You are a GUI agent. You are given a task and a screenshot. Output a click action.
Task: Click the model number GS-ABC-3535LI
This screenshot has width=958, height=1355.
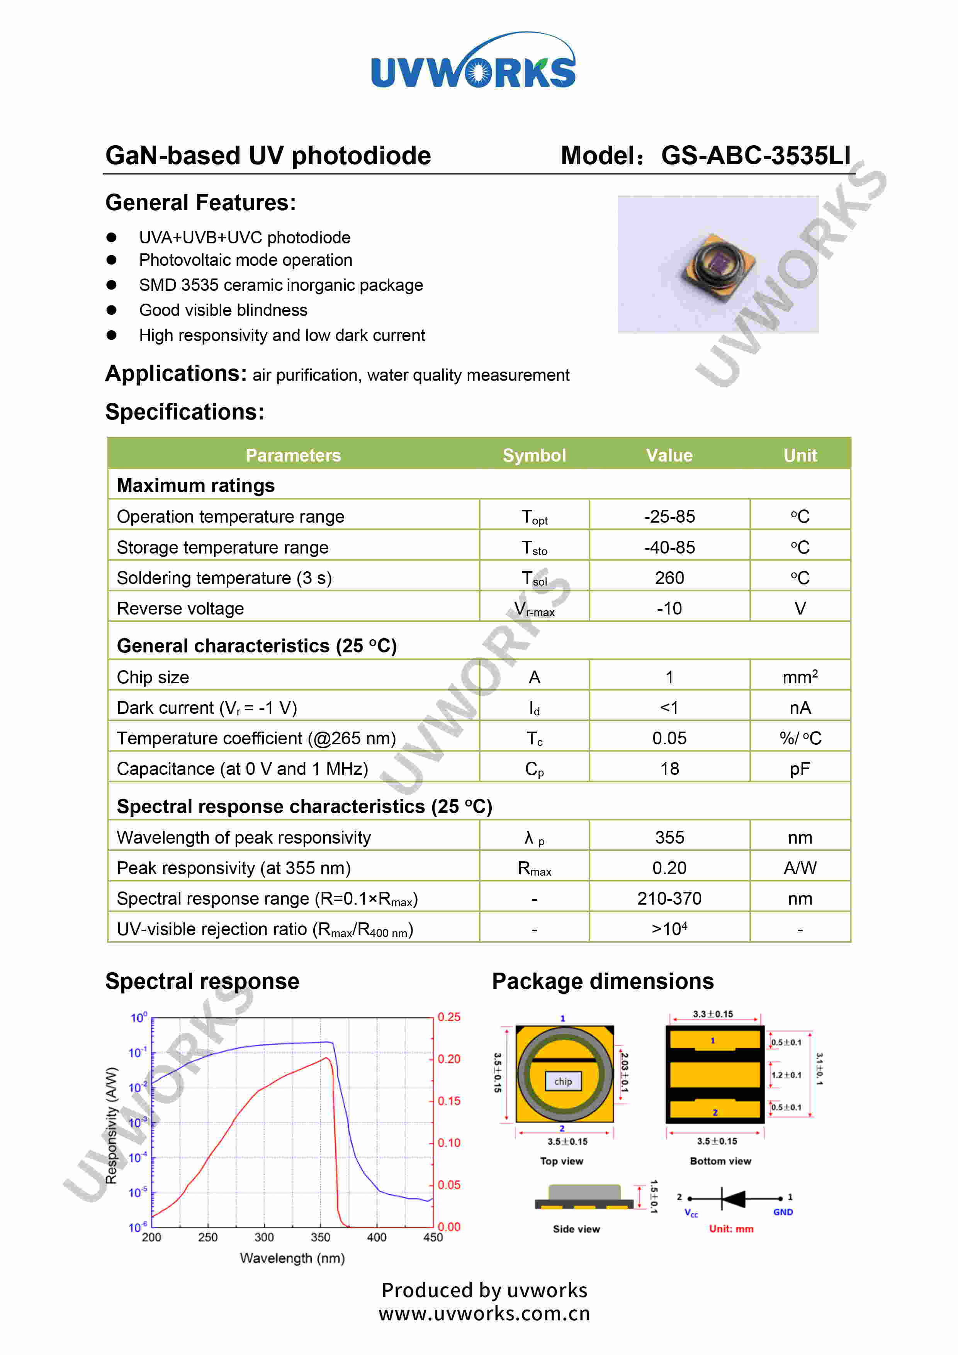tap(756, 155)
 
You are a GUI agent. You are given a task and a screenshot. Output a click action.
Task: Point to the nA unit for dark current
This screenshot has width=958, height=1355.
tap(800, 708)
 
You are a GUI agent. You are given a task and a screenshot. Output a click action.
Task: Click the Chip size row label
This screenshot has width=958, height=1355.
tap(153, 677)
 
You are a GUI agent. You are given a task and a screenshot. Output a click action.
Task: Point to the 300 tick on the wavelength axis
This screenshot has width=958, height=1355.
tap(264, 1237)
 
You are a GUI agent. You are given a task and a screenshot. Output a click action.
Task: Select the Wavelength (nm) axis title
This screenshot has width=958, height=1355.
tap(292, 1258)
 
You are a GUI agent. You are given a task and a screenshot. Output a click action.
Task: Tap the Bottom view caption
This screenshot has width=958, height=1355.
tap(720, 1161)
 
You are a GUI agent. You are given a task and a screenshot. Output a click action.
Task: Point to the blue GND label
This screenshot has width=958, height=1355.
tap(783, 1212)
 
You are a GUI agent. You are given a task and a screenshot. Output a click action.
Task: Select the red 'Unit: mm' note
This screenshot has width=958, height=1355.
tap(731, 1229)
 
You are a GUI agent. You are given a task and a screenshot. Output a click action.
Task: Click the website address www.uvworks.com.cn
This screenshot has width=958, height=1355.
tap(484, 1314)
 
